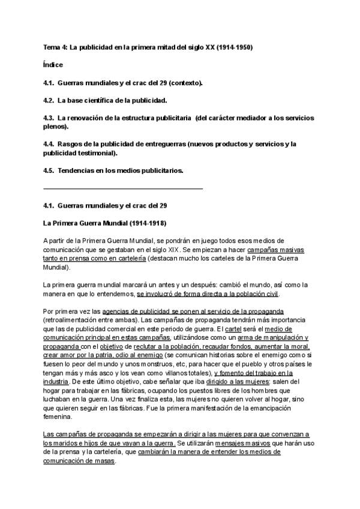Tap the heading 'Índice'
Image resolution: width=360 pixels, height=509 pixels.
[53, 64]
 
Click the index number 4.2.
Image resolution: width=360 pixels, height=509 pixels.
[49, 100]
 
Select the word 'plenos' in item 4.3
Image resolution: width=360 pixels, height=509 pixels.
[56, 127]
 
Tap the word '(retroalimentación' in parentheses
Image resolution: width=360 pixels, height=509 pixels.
[71, 321]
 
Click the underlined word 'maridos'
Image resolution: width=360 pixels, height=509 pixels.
[68, 443]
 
